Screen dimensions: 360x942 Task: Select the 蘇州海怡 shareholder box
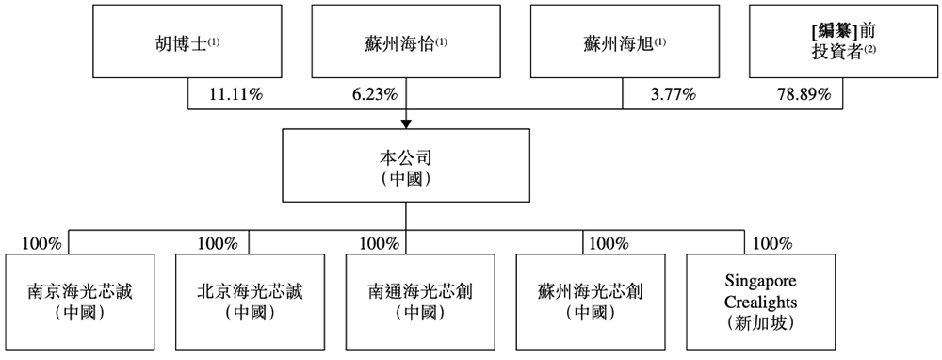click(x=406, y=42)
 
